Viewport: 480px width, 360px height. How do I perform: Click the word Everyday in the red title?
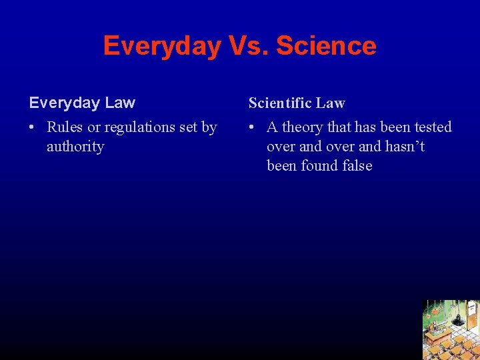(x=162, y=46)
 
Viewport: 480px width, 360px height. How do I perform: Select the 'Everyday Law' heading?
(x=82, y=103)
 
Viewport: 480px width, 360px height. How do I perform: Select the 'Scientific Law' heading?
(x=297, y=103)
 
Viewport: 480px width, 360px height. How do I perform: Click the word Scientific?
(x=281, y=103)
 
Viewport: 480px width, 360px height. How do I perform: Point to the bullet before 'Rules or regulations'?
(x=33, y=127)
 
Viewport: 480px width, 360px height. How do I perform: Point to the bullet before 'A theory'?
(x=253, y=127)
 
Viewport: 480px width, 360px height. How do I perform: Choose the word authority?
(x=75, y=147)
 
